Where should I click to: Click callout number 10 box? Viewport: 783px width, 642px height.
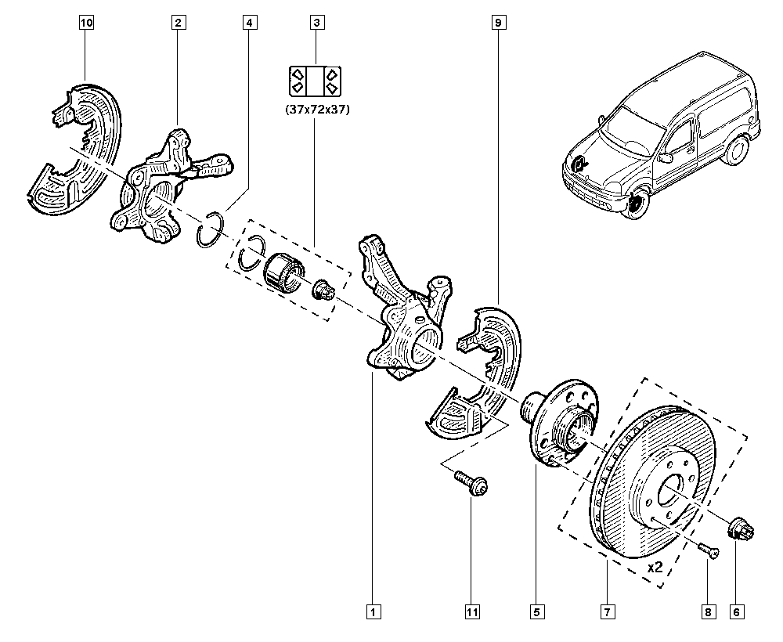[x=86, y=23]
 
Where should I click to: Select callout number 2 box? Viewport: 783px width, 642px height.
[x=179, y=23]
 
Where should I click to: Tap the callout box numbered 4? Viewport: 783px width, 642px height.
[x=249, y=23]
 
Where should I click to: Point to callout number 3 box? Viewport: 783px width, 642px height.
[x=316, y=23]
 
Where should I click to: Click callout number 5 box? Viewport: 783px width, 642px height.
[x=536, y=611]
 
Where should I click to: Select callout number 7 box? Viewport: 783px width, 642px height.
[x=607, y=611]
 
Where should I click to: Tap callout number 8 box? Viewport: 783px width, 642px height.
[x=707, y=611]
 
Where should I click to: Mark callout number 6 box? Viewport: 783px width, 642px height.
[x=736, y=611]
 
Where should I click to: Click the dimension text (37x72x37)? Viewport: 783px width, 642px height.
[x=317, y=110]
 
